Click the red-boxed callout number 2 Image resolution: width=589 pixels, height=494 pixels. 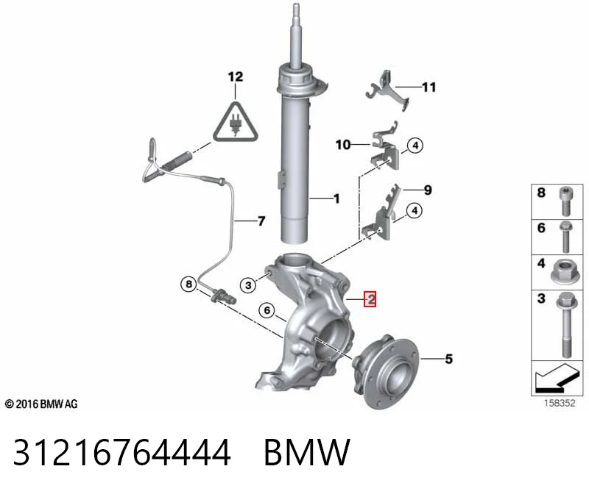tap(370, 299)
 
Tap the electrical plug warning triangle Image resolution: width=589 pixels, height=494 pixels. tap(236, 122)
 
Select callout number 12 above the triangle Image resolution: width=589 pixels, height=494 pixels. tap(236, 77)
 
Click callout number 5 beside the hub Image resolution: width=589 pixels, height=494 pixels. tap(449, 359)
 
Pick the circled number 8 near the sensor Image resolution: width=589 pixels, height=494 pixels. tap(189, 284)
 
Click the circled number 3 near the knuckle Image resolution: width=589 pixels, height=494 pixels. tap(248, 285)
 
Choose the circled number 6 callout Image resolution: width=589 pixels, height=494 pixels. tap(267, 310)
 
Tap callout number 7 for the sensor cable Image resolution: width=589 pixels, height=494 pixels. tap(261, 221)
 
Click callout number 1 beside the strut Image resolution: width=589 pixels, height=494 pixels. tap(336, 198)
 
